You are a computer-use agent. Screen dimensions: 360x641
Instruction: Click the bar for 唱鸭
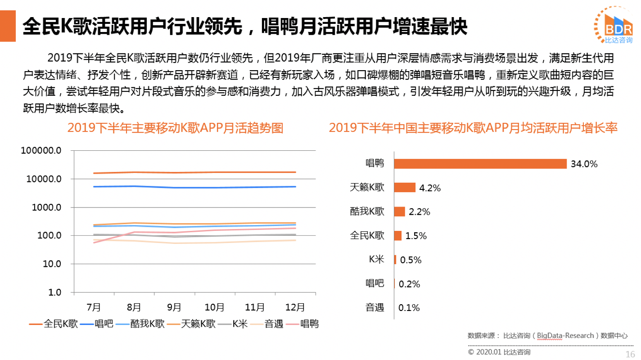coord(480,164)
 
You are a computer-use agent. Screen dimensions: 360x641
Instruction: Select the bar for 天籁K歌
coord(405,188)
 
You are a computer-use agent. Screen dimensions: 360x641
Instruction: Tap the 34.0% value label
coord(584,164)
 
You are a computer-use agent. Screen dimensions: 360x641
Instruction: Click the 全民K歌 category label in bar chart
coord(367,235)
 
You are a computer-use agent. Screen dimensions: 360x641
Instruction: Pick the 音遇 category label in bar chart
coord(375,308)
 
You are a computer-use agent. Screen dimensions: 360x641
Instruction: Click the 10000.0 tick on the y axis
coord(41,179)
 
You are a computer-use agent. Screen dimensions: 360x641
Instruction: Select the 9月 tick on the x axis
coord(174,308)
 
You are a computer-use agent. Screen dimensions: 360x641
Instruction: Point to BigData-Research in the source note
coord(565,336)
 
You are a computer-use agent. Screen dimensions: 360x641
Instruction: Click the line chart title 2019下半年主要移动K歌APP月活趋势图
coord(175,128)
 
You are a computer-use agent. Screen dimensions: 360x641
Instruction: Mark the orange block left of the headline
coord(8,26)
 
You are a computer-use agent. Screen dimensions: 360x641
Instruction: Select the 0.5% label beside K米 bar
coord(411,260)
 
